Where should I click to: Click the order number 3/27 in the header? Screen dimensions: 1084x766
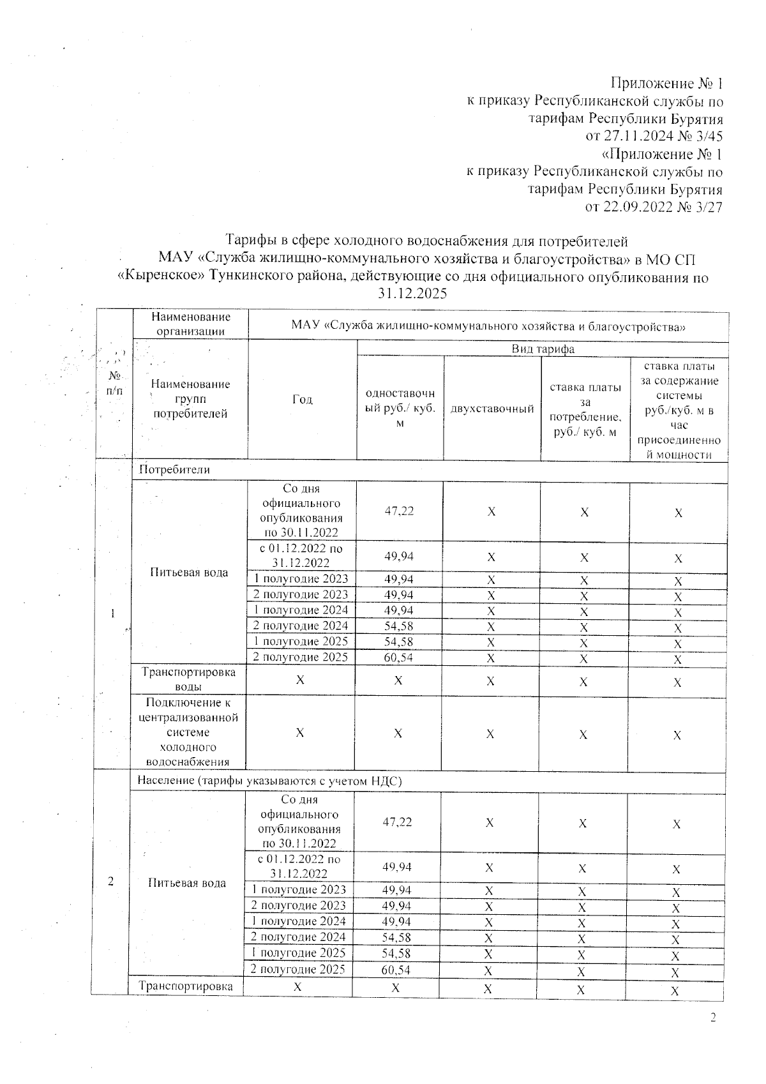(x=708, y=207)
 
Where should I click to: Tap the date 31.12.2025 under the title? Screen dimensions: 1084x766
(x=412, y=294)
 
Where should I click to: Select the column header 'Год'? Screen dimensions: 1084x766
(x=303, y=400)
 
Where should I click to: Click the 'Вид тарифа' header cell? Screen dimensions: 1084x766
(x=543, y=349)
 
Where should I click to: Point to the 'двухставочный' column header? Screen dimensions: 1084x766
(x=492, y=409)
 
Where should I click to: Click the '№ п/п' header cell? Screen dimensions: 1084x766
(x=115, y=383)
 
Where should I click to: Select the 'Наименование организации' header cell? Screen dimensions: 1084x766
(x=190, y=324)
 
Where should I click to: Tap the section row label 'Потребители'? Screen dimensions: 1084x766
(x=174, y=470)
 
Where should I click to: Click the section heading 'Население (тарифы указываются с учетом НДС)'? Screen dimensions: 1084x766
(x=269, y=781)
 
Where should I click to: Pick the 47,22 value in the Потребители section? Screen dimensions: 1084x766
(x=399, y=511)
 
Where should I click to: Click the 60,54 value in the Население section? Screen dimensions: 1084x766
(x=396, y=970)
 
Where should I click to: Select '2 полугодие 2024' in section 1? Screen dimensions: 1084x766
(x=301, y=626)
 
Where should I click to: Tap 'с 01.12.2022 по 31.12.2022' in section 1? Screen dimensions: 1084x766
(x=300, y=555)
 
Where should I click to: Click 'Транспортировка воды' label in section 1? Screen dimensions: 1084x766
(x=188, y=679)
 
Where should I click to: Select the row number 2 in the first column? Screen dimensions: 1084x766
(x=111, y=882)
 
